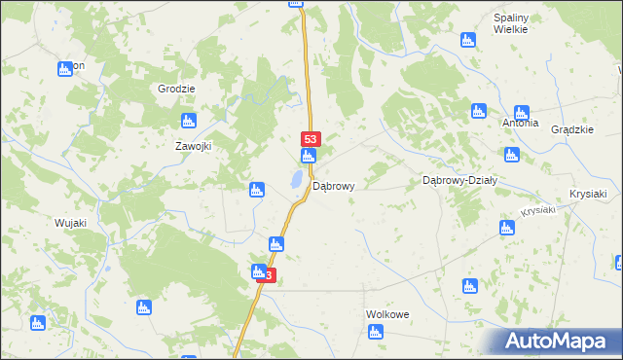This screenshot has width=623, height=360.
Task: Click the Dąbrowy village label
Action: pyautogui.click(x=333, y=185)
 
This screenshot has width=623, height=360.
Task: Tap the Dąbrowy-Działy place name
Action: pyautogui.click(x=459, y=180)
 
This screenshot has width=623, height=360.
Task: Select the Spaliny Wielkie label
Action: pyautogui.click(x=510, y=24)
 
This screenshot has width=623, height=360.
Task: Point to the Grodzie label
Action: pyautogui.click(x=176, y=89)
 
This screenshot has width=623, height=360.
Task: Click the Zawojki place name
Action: pyautogui.click(x=193, y=146)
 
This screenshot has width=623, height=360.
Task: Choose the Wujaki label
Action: pyautogui.click(x=70, y=223)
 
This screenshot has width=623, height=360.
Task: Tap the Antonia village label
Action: pyautogui.click(x=520, y=124)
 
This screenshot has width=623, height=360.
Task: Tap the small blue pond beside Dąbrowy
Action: pyautogui.click(x=294, y=179)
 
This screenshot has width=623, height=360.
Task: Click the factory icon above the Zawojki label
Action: pyautogui.click(x=189, y=121)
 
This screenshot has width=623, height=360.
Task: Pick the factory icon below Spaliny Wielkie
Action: pyautogui.click(x=467, y=40)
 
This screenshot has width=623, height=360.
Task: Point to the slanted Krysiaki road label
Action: pyautogui.click(x=537, y=211)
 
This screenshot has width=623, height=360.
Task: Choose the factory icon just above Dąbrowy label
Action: pyautogui.click(x=309, y=157)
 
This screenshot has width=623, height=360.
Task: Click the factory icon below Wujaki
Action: pyautogui.click(x=38, y=322)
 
